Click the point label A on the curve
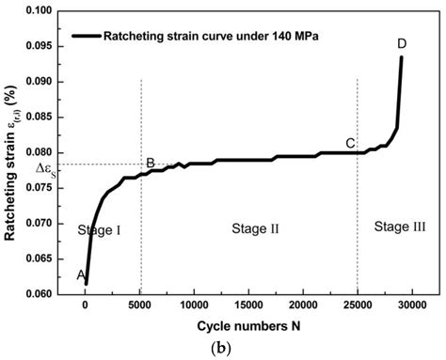pyautogui.click(x=81, y=274)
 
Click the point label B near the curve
pyautogui.click(x=150, y=164)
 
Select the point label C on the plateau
pyautogui.click(x=350, y=143)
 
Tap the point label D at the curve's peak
pyautogui.click(x=402, y=43)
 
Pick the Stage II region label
pyautogui.click(x=248, y=228)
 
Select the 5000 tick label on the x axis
pyautogui.click(x=140, y=305)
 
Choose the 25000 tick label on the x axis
pyautogui.click(x=358, y=305)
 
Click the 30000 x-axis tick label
pyautogui.click(x=412, y=305)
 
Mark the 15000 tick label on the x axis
pyautogui.click(x=248, y=305)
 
